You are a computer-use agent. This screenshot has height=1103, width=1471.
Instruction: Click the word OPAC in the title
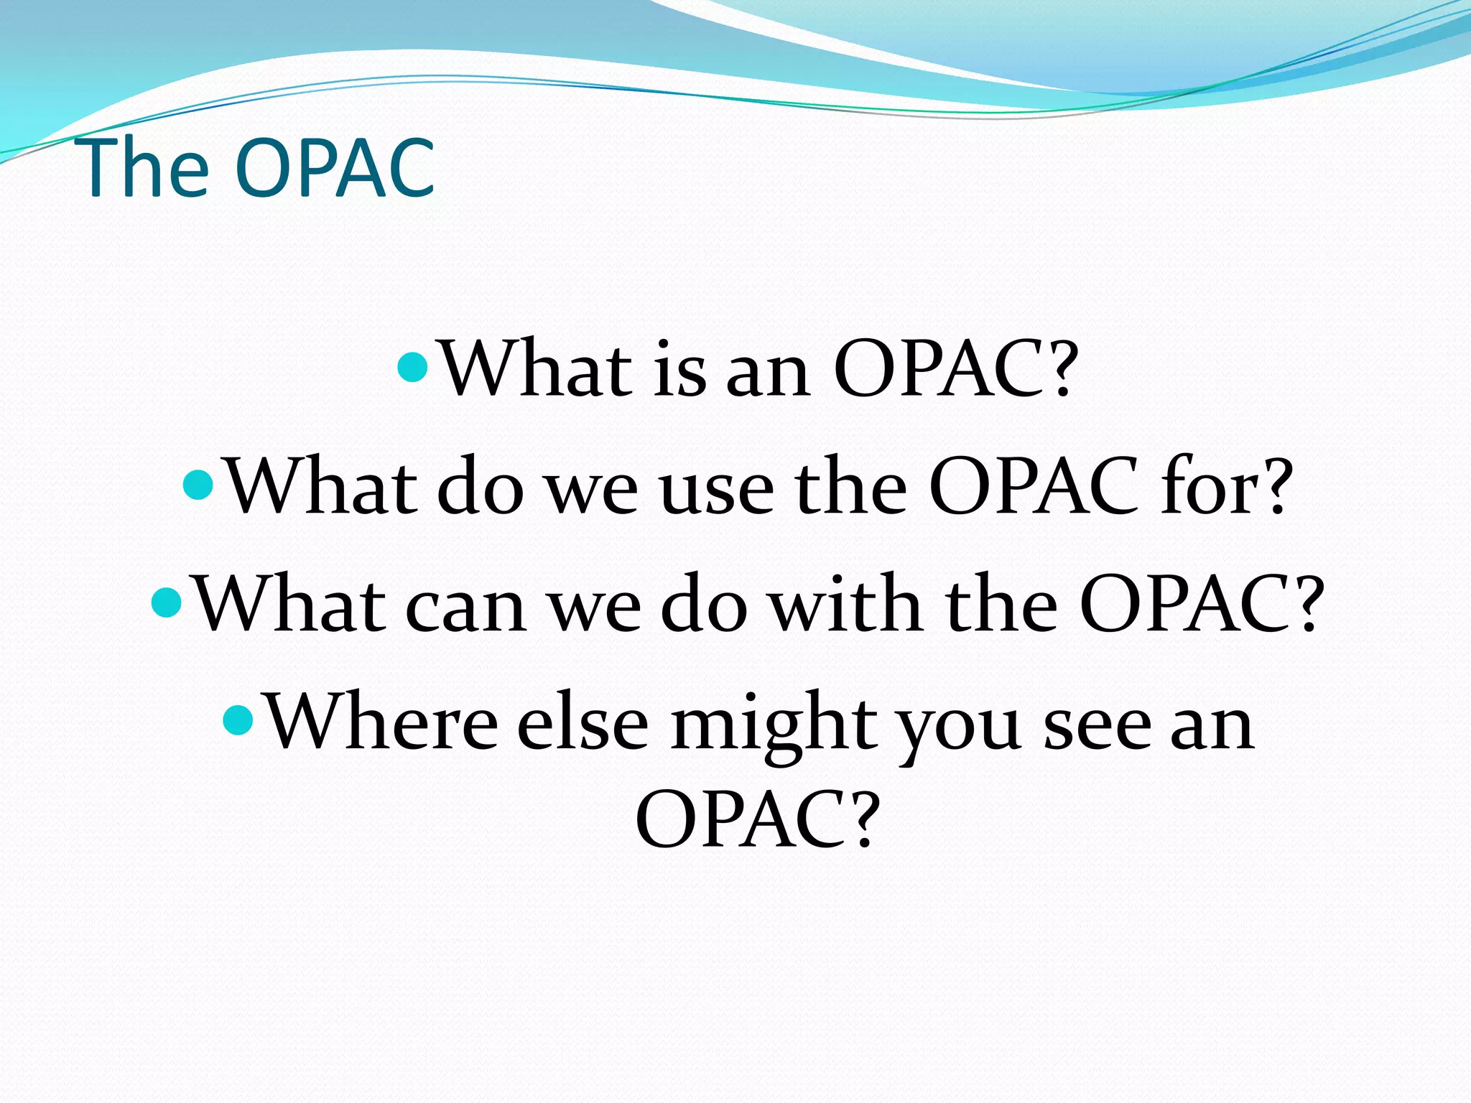(x=335, y=169)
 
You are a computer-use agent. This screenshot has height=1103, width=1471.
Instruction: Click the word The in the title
(x=146, y=169)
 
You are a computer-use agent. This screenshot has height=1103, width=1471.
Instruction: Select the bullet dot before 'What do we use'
(x=199, y=485)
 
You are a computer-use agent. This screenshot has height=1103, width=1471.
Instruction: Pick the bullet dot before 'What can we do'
(x=168, y=602)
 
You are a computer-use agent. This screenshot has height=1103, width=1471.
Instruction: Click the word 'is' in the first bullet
(x=679, y=370)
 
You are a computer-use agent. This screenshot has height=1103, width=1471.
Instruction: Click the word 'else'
(x=583, y=722)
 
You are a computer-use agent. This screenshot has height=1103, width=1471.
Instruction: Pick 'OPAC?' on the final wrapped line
(x=757, y=819)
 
